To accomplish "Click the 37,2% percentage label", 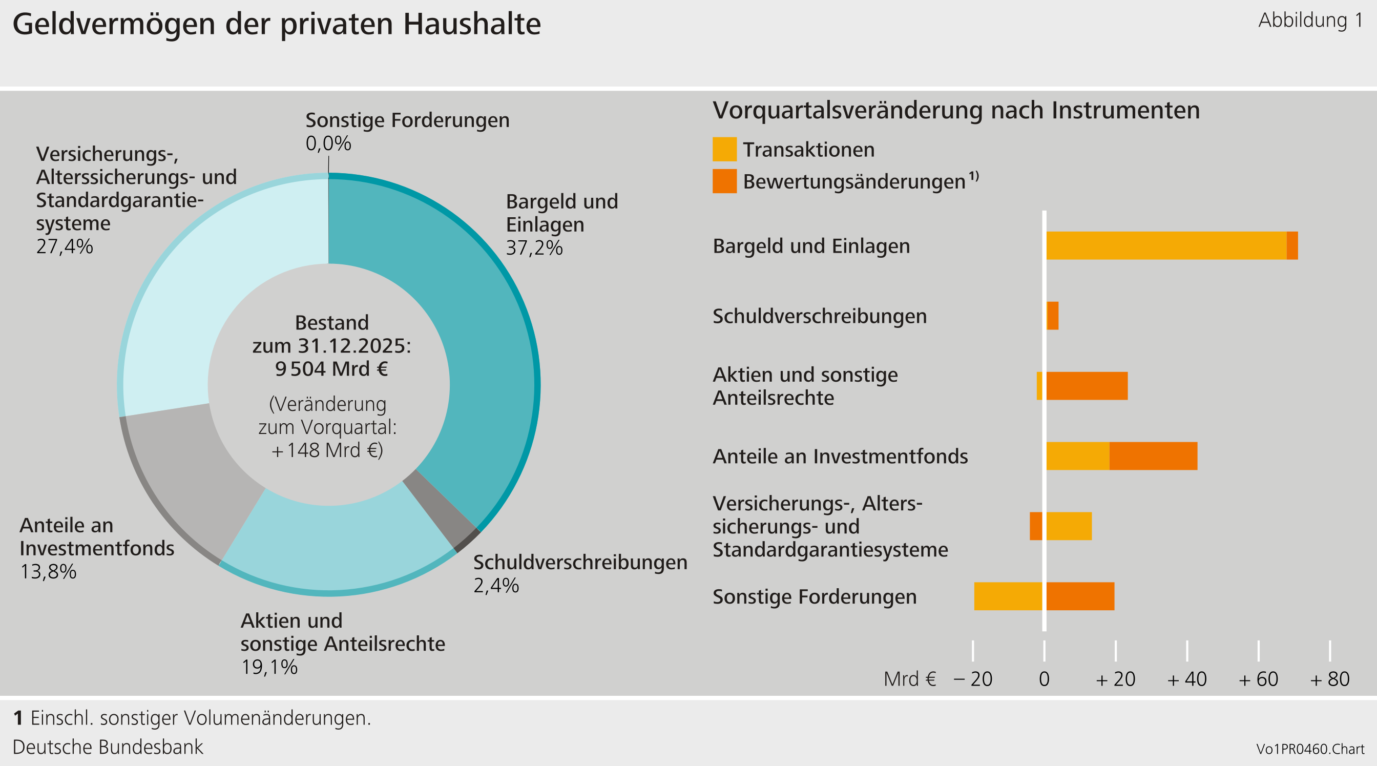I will pos(534,248).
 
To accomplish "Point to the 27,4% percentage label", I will pos(64,246).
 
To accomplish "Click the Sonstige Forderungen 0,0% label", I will pos(328,143).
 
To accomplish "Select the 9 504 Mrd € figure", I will pos(331,369).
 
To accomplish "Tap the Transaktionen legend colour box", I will pos(724,149).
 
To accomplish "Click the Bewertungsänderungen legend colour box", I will pos(724,181).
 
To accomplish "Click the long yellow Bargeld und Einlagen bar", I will pos(1165,246).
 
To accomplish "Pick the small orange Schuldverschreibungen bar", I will pos(1053,316).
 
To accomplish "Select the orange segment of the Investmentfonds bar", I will pos(1153,456).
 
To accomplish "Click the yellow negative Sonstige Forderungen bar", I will pos(1008,596).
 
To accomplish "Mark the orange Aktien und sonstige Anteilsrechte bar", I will pos(1087,386).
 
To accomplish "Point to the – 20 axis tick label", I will pos(973,679).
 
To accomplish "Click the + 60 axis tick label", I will pos(1258,679).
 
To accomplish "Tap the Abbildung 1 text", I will pos(1310,20).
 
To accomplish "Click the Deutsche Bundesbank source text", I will pos(108,747).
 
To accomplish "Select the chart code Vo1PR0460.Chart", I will pos(1310,749).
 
